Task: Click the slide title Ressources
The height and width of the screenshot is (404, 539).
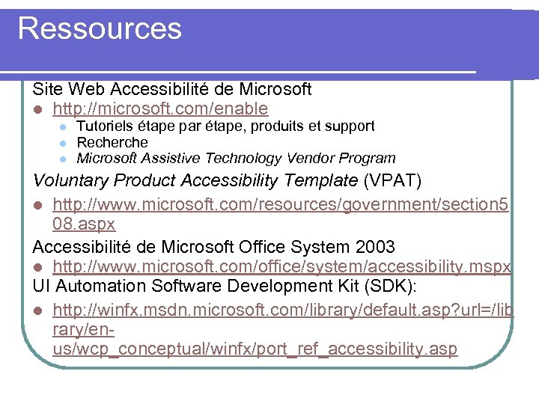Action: pos(100,28)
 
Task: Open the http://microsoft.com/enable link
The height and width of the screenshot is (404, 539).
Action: pos(160,109)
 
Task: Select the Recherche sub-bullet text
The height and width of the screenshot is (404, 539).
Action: pos(112,142)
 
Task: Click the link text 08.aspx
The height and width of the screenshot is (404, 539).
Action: pos(84,224)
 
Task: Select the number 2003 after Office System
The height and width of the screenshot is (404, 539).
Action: pos(374,246)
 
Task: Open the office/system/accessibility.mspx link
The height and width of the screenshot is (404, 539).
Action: pos(281,266)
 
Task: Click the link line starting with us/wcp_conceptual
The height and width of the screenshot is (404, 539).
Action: pos(255,349)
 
